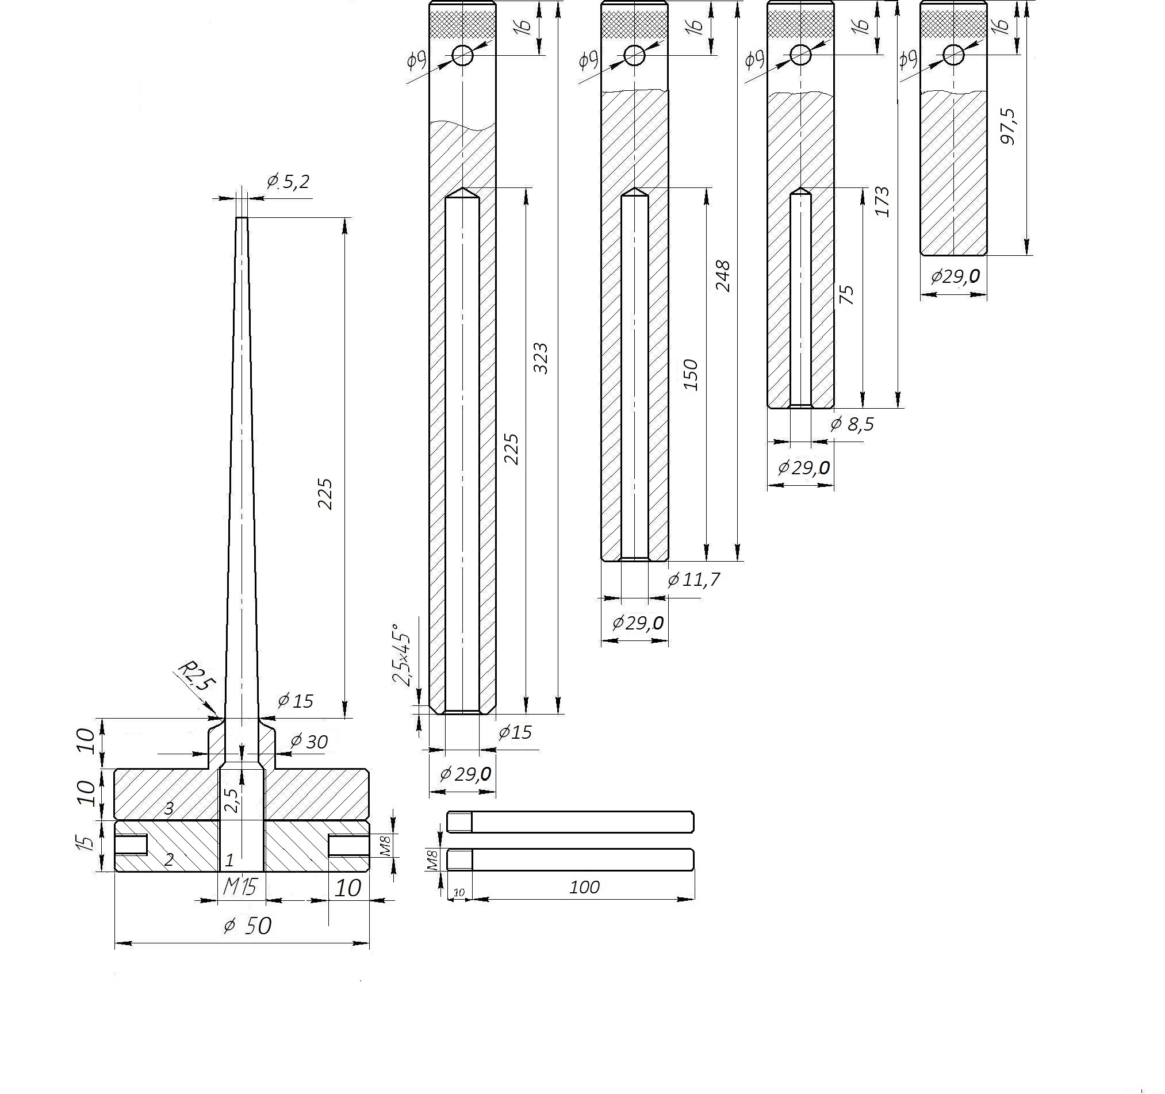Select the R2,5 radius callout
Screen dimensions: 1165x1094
click(196, 676)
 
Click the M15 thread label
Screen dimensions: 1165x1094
click(240, 887)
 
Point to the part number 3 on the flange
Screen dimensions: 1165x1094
click(169, 809)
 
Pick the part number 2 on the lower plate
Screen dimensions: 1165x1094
click(169, 860)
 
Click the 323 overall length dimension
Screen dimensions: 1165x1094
click(541, 359)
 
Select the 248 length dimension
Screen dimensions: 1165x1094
click(723, 276)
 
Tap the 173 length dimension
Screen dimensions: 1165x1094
click(882, 202)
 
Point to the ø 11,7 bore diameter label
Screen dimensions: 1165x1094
click(694, 580)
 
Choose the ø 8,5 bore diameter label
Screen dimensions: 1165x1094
click(852, 424)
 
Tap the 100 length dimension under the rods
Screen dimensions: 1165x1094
click(584, 887)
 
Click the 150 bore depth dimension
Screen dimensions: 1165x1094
click(691, 375)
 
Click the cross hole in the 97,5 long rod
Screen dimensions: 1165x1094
click(953, 55)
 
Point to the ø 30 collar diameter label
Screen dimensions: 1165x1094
click(309, 742)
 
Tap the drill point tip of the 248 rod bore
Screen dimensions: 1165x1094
click(634, 188)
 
